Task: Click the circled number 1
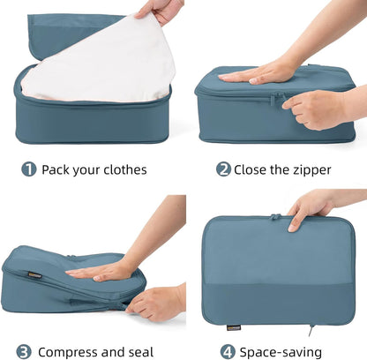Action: click(x=29, y=169)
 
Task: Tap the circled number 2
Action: click(x=223, y=169)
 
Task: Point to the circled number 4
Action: click(x=227, y=350)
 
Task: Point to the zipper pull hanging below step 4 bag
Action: click(x=311, y=332)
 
